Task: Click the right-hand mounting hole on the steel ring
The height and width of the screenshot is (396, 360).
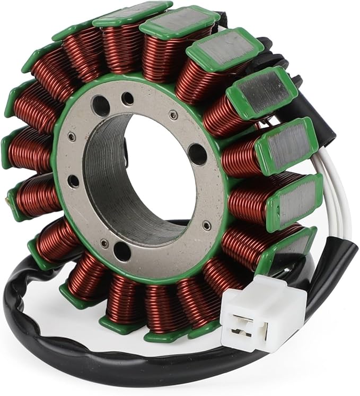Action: [x=198, y=154]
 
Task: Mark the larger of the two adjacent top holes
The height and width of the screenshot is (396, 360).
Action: [x=101, y=106]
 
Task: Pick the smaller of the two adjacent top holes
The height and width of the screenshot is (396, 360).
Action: [x=127, y=99]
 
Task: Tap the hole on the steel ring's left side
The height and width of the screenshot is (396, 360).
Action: [x=74, y=181]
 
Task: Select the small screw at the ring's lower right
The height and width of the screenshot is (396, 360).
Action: [x=207, y=225]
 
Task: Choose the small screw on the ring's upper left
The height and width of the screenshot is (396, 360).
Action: [x=72, y=137]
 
